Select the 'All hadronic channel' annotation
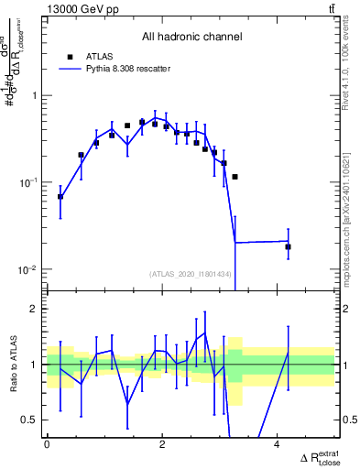[x=191, y=38]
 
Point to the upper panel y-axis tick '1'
[x=34, y=96]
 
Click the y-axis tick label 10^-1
[x=27, y=183]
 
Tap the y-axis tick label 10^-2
[x=27, y=270]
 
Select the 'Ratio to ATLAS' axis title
[x=11, y=365]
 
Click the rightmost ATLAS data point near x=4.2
[x=288, y=246]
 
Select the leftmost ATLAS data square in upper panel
[x=60, y=196]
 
